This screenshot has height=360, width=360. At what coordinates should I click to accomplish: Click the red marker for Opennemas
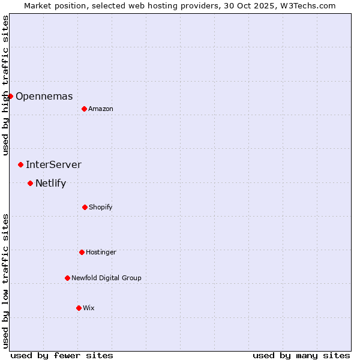click(10, 96)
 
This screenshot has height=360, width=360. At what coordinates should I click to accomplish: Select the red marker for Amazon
click(84, 109)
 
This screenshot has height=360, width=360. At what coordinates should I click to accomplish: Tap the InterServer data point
click(20, 164)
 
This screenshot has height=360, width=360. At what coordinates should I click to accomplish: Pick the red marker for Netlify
click(30, 183)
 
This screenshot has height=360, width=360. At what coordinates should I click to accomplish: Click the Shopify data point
click(85, 207)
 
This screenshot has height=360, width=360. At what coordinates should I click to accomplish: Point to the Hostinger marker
click(82, 252)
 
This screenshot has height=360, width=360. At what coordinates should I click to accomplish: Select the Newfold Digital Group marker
click(67, 278)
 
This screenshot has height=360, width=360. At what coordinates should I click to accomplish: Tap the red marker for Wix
click(79, 308)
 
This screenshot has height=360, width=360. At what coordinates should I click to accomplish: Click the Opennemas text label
click(44, 96)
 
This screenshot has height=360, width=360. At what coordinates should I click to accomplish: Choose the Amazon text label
click(100, 109)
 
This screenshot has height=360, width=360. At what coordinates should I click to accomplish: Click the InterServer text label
click(53, 164)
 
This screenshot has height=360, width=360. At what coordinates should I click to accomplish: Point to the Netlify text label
click(50, 183)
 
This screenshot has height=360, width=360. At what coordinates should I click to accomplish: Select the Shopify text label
click(100, 207)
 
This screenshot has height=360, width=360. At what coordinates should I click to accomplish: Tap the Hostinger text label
click(101, 252)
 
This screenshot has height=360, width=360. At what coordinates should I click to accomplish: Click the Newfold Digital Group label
click(106, 278)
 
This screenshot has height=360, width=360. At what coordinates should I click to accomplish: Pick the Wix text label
click(88, 308)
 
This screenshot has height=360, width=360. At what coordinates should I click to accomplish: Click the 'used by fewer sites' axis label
click(62, 355)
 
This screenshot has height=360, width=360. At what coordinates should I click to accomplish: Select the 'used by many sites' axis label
click(301, 355)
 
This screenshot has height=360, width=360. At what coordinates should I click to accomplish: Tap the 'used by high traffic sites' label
click(5, 85)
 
